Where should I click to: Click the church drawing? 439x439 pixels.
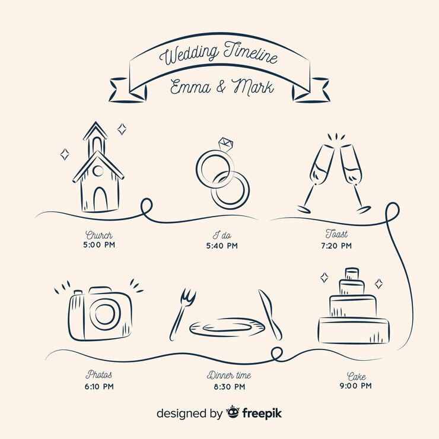click(x=98, y=167)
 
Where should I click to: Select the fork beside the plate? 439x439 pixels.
click(x=182, y=314)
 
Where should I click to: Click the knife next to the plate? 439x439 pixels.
click(x=270, y=314)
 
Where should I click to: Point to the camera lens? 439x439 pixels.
click(x=104, y=314)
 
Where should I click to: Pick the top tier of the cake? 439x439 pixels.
click(x=352, y=274)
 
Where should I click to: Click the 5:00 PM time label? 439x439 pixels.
click(x=99, y=245)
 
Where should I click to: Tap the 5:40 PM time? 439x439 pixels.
click(x=222, y=246)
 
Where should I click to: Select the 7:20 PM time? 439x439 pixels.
click(x=336, y=246)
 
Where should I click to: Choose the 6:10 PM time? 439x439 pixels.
click(x=99, y=387)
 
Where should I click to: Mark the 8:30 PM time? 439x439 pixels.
click(x=230, y=387)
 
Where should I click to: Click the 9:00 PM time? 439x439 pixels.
click(x=355, y=386)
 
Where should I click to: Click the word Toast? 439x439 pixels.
click(x=336, y=234)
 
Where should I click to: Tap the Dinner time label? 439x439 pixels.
click(x=229, y=375)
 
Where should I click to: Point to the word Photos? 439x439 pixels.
click(x=99, y=374)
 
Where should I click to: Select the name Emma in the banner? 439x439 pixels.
click(x=190, y=87)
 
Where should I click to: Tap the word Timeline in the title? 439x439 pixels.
click(x=250, y=53)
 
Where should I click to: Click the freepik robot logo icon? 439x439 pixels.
click(x=233, y=412)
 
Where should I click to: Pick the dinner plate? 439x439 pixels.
click(x=227, y=327)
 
